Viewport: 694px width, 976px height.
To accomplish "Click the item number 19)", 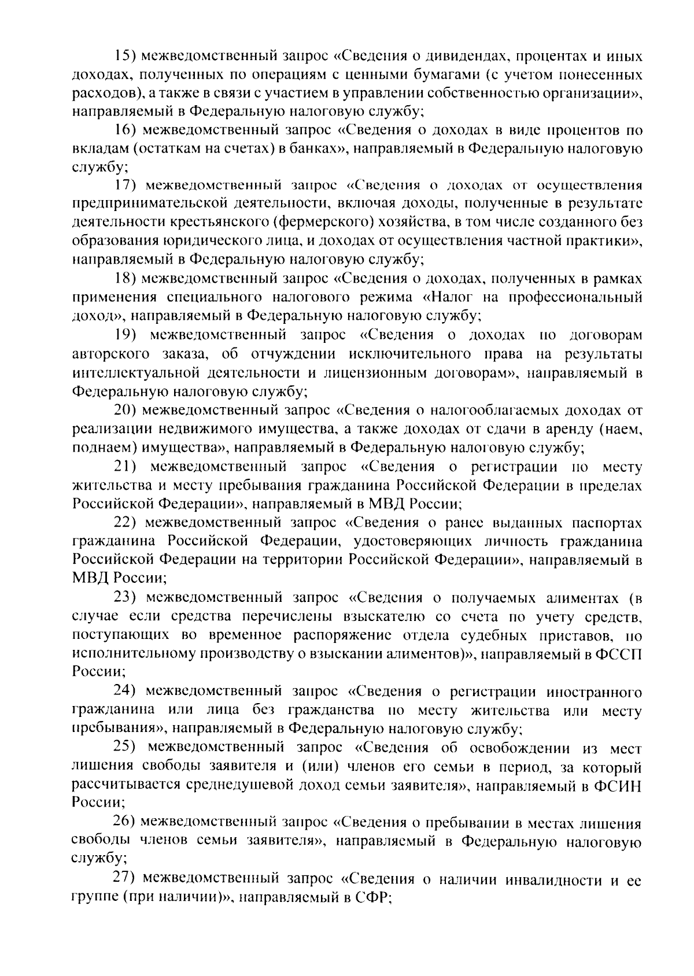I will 124,335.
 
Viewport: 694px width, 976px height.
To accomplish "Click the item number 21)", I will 124,466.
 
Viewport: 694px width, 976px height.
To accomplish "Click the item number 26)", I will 124,822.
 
